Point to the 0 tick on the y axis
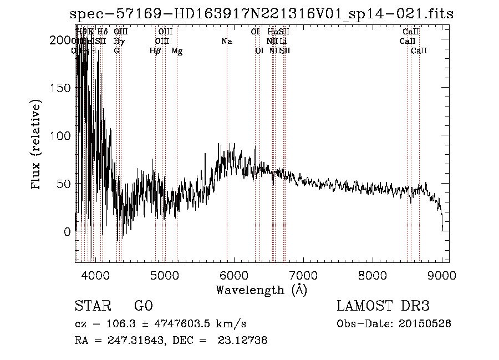click(x=67, y=231)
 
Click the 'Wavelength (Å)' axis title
click(x=261, y=290)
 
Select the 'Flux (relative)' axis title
click(x=37, y=145)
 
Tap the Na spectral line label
click(x=226, y=42)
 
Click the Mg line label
click(x=177, y=51)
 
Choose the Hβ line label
click(x=155, y=51)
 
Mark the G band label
click(x=116, y=51)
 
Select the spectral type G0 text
click(x=143, y=306)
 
